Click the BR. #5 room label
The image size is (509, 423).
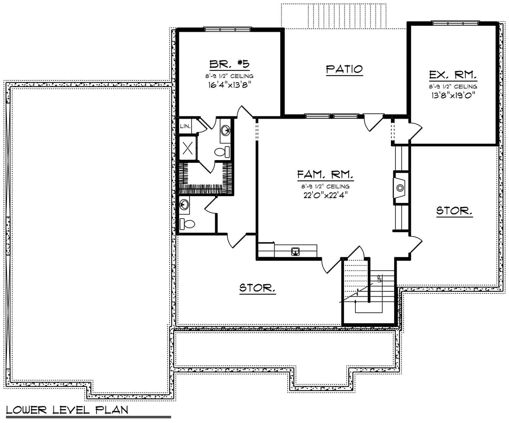click(230, 64)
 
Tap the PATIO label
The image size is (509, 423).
click(344, 69)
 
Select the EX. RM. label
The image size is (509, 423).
click(453, 75)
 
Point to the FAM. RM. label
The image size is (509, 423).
click(325, 174)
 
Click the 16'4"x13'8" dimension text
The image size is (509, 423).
click(230, 85)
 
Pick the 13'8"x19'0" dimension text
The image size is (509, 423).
click(453, 95)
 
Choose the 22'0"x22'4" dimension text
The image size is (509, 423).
click(326, 195)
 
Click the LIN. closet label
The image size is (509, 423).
click(185, 126)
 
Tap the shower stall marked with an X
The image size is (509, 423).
click(187, 148)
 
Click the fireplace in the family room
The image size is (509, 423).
click(400, 188)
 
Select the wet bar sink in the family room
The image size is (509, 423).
click(296, 252)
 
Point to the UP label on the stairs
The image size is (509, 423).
click(379, 278)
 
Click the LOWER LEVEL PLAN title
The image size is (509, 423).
click(67, 410)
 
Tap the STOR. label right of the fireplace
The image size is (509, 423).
click(454, 211)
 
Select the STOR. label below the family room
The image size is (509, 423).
click(257, 288)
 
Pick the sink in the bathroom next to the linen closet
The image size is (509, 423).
click(225, 130)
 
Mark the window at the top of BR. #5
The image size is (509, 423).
click(228, 29)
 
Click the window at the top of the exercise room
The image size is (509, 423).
click(455, 24)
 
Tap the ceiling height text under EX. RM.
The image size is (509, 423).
click(453, 86)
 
